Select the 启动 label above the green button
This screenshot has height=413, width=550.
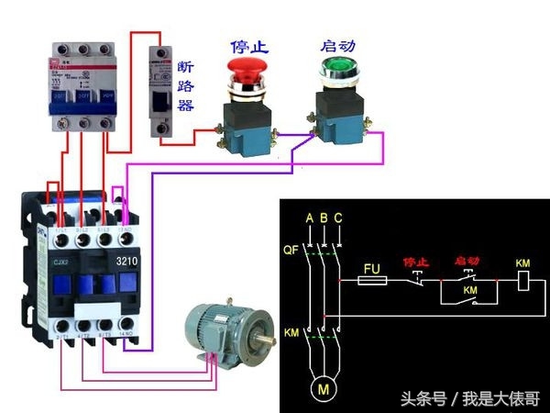coord(336,44)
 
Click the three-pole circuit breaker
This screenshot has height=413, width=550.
coord(81,84)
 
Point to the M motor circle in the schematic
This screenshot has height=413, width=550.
coord(323,388)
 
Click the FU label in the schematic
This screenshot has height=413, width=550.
coord(371,269)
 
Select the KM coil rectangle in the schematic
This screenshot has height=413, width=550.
coord(523,281)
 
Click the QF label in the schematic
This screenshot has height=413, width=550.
coord(291,249)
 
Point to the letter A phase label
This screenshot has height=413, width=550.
coord(310,218)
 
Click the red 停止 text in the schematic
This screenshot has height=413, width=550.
coord(416,262)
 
